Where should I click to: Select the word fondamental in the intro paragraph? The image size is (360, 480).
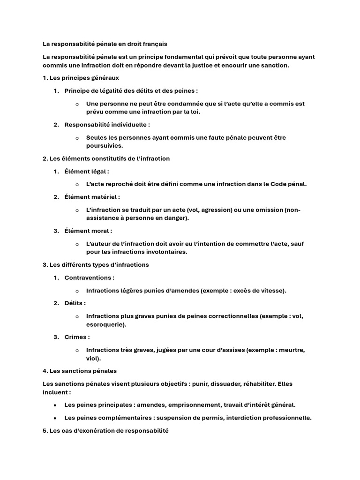182,57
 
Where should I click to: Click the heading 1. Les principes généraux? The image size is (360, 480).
83,78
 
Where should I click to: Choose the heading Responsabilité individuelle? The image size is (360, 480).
107,125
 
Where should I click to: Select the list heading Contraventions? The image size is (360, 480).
89,277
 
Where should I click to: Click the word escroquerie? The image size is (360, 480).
105,324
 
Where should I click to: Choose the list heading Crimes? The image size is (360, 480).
77,337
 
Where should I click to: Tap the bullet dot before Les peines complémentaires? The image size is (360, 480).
55,418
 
